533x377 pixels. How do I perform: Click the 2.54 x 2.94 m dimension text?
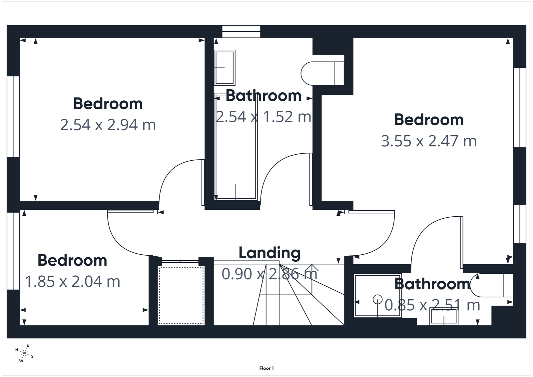[x=108, y=125]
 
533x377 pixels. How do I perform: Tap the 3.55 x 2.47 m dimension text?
[x=429, y=141]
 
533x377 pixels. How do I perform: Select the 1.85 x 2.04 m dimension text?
[x=73, y=282]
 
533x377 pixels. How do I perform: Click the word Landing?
[x=269, y=253]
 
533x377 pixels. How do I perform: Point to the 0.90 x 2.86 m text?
[x=269, y=274]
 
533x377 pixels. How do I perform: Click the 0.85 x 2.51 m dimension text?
[x=432, y=305]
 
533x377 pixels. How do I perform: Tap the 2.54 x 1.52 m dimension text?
[x=264, y=117]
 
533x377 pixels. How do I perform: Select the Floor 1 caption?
[x=266, y=368]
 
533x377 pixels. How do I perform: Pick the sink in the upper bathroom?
[x=225, y=68]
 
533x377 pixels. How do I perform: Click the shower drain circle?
[x=377, y=299]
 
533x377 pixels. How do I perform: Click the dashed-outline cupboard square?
[x=181, y=295]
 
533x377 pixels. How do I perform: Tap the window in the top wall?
[x=241, y=32]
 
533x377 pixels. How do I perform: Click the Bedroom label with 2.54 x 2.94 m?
[x=108, y=104]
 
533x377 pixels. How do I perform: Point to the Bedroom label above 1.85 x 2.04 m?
[x=72, y=260]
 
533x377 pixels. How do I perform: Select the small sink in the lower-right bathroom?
[x=444, y=317]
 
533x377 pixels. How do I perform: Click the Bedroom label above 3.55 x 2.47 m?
[x=429, y=120]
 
